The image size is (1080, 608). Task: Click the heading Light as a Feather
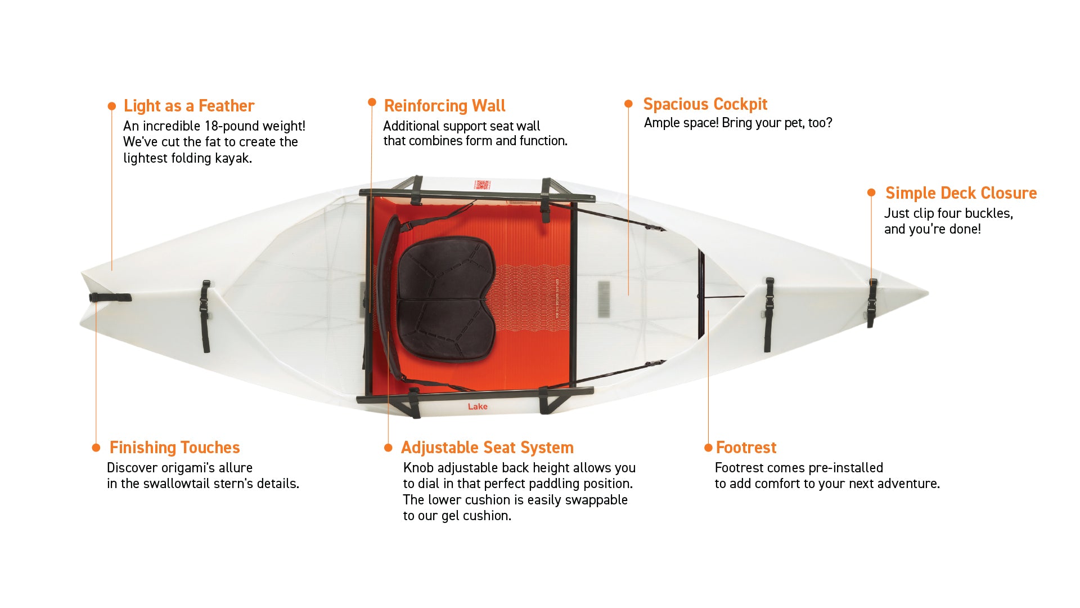pos(189,106)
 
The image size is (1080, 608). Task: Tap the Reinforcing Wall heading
pos(444,106)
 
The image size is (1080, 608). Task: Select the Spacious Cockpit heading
pos(705,104)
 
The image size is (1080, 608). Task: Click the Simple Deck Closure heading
pos(961,193)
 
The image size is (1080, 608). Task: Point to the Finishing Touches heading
pos(174,448)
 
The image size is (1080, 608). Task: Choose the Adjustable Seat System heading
pos(487,448)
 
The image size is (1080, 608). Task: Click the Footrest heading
pos(746,448)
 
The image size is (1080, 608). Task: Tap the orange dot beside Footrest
pos(708,448)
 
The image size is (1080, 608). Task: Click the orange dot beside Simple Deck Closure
pos(871,193)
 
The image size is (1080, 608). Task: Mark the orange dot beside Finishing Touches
pos(96,448)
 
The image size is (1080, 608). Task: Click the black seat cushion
pos(447,298)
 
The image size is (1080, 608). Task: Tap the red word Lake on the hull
pos(478,406)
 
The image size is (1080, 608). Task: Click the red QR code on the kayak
pos(482,185)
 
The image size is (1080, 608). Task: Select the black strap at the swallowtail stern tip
pos(110,298)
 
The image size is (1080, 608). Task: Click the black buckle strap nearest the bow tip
pos(872,302)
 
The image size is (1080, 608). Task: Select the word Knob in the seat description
pos(418,468)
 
